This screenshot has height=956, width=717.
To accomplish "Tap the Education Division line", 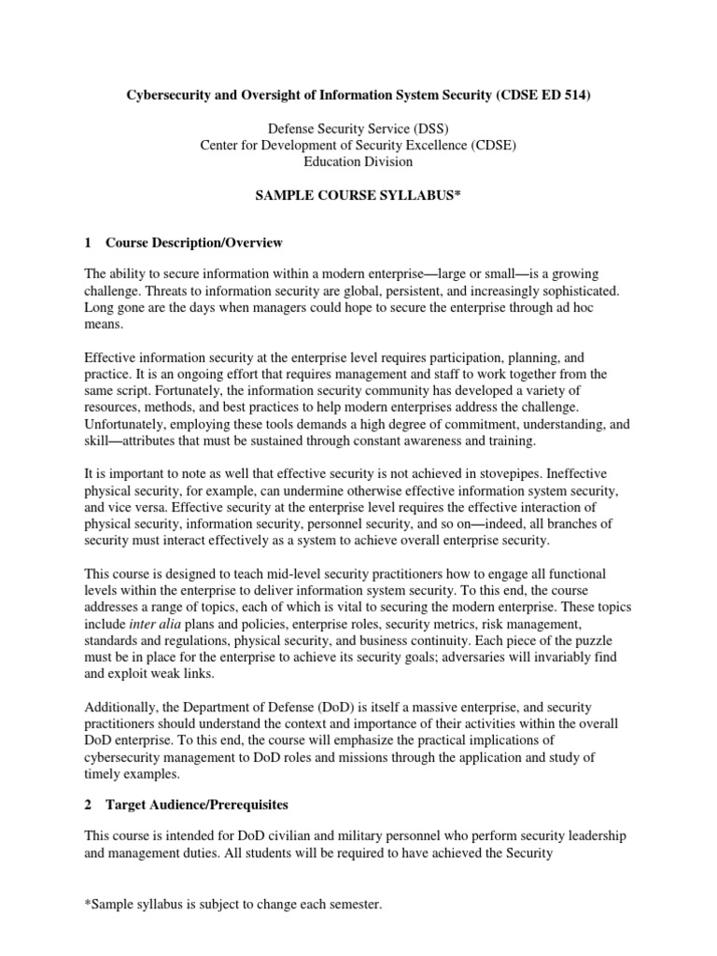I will [x=358, y=161].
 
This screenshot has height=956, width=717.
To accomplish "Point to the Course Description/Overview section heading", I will [x=193, y=244].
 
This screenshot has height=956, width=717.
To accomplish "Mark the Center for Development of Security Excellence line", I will [x=358, y=146].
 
